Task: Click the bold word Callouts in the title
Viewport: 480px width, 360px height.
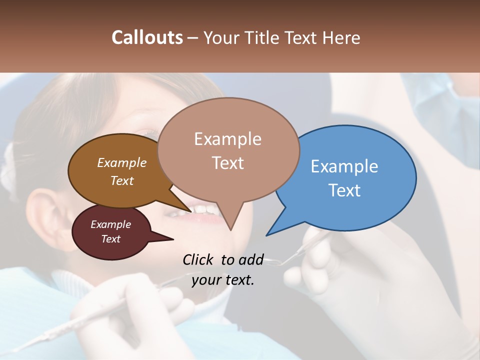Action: coord(147,37)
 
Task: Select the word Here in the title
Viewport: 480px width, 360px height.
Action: coord(340,37)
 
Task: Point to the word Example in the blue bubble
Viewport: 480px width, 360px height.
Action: coord(344,166)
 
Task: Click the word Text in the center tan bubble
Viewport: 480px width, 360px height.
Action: coord(228,163)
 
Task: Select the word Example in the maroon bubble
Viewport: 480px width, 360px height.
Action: coord(110,224)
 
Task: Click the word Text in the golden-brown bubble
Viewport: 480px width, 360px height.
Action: coord(122,180)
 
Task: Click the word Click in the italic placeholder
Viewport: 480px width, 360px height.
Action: coord(199,259)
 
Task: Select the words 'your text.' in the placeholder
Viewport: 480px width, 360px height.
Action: coord(223,280)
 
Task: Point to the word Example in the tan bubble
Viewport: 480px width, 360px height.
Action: coord(228,139)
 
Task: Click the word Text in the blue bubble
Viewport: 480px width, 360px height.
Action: coord(344,190)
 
